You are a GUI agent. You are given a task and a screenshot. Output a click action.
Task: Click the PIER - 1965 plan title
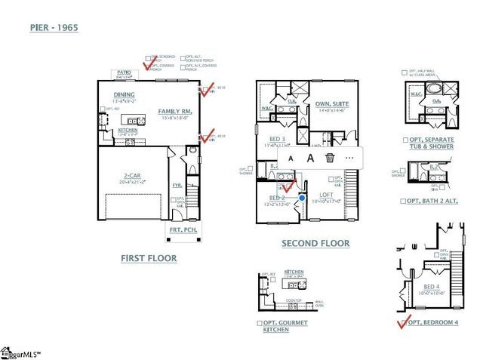coord(54,28)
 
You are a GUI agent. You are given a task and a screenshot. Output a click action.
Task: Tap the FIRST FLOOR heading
coord(149,258)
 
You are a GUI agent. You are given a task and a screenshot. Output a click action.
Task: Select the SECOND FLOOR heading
coord(315,243)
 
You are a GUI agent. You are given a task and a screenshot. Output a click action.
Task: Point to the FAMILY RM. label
coord(175,111)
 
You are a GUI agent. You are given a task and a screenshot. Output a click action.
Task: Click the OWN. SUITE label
coord(330,104)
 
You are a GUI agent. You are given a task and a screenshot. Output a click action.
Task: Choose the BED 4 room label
coord(431,287)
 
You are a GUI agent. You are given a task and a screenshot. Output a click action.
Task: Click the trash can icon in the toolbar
coord(330,158)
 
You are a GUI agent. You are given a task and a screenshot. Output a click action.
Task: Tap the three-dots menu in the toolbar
coord(349,158)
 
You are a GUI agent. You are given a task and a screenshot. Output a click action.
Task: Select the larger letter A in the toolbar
coord(309,158)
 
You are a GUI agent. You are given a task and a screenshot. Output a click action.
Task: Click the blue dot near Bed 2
coord(302,198)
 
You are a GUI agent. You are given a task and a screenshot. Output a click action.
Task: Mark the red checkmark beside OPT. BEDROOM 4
coord(401,323)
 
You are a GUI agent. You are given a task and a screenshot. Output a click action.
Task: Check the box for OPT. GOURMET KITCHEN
coord(259,323)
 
